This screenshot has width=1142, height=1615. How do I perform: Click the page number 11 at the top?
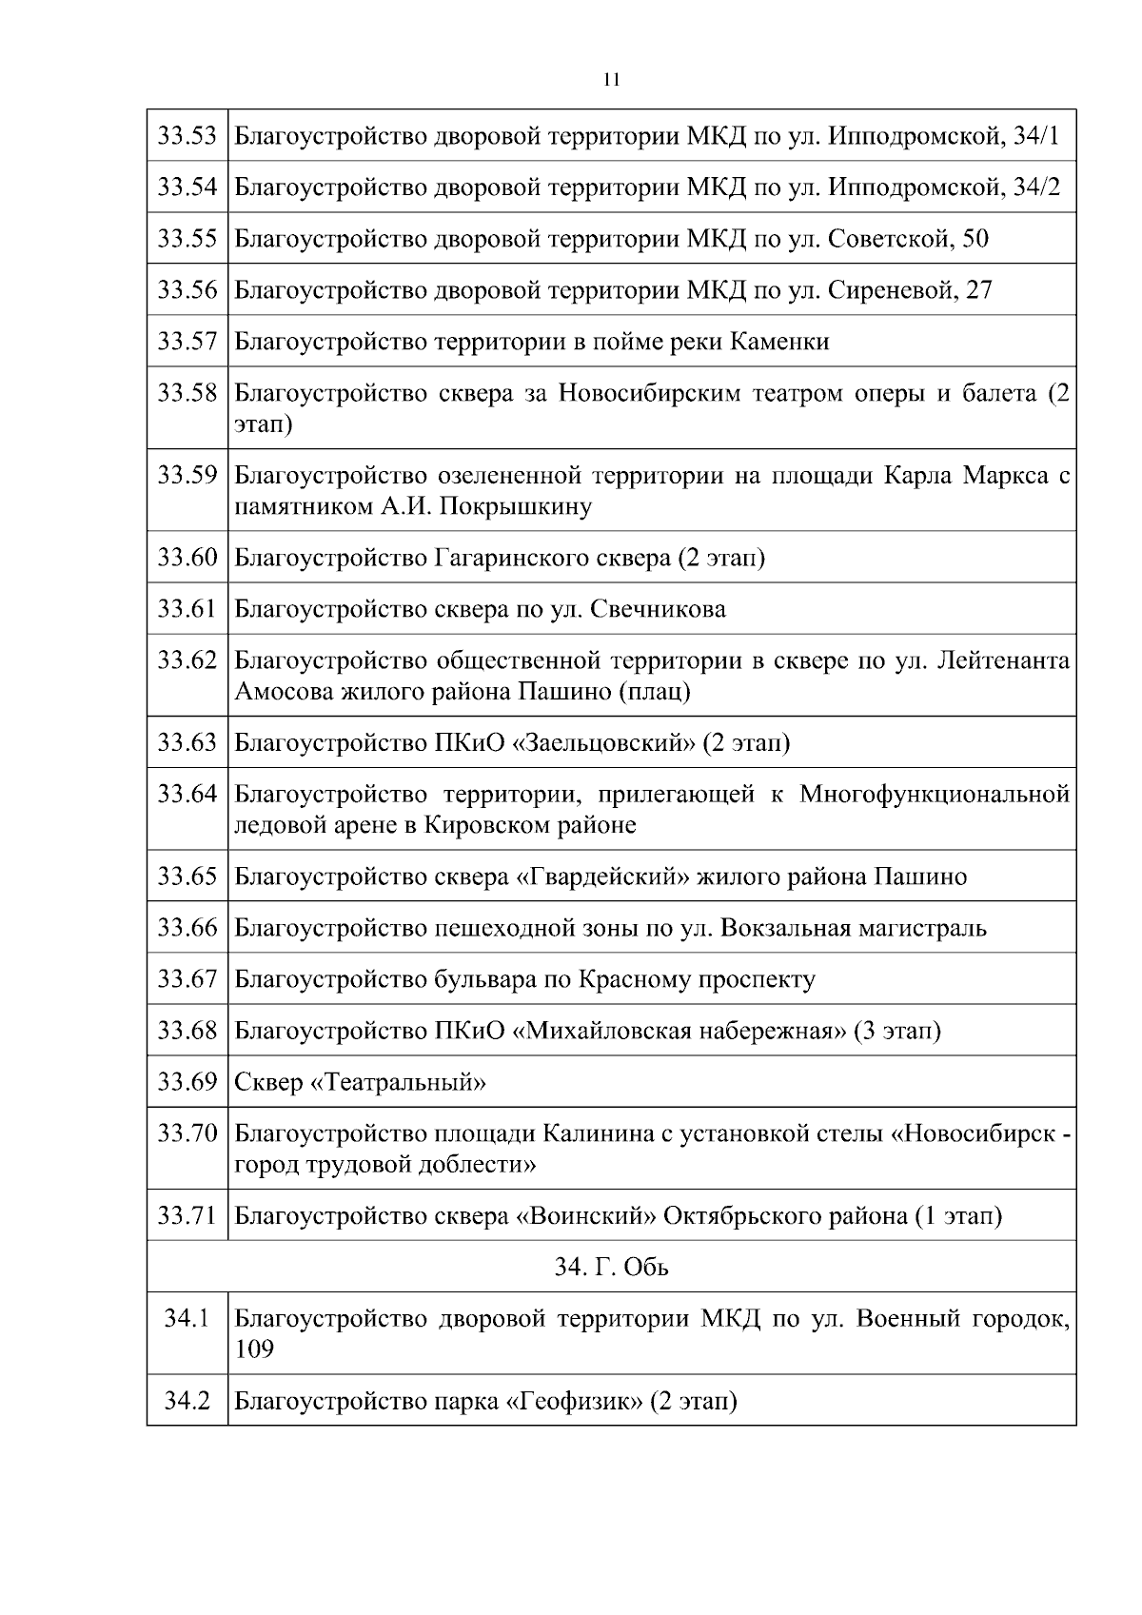pos(611,80)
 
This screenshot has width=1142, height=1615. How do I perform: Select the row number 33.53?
pos(187,135)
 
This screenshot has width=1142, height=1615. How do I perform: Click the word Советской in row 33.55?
pos(890,238)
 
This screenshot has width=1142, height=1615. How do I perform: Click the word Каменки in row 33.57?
pos(779,341)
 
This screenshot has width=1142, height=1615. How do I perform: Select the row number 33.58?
pos(187,393)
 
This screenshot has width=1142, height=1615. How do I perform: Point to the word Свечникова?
pos(659,608)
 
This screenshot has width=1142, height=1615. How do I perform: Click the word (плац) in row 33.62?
pos(655,691)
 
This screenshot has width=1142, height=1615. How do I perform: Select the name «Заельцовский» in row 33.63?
pos(604,741)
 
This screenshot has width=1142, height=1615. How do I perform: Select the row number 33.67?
pos(187,978)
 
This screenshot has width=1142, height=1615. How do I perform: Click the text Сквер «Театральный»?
pos(361,1082)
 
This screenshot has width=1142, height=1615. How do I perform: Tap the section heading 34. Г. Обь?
pos(611,1267)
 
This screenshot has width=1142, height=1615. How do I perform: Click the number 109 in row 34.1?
pos(254,1349)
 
